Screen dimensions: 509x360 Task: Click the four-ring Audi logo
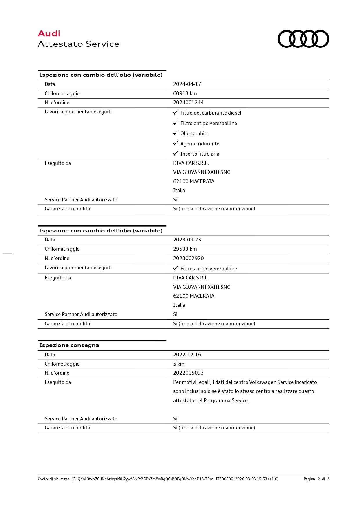coord(303,39)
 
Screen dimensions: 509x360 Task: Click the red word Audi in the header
coord(49,34)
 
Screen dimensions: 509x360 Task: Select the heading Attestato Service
coord(78,44)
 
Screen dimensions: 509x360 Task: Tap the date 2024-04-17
coord(187,84)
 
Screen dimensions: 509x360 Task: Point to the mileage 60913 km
coord(185,93)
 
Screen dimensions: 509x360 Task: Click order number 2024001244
coord(188,102)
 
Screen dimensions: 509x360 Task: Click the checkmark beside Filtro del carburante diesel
coord(176,112)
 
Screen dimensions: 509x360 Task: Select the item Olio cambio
coord(194,133)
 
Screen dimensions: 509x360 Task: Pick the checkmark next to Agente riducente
coord(176,143)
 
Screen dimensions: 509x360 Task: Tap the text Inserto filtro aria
coord(200,154)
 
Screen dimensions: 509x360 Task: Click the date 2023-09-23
coord(187,240)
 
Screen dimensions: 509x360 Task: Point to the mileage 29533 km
coord(185,249)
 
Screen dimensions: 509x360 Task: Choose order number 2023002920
coord(188,258)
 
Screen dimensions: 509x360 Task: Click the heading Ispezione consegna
coord(69,345)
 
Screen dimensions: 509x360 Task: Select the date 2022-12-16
coord(187,355)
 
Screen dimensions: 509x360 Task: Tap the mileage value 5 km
coord(179,364)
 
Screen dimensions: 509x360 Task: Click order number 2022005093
coord(188,373)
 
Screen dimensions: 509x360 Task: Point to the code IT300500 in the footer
coord(224,479)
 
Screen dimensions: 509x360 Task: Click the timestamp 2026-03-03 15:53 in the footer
coord(251,479)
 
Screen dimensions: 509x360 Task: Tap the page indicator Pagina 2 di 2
coord(316,479)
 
